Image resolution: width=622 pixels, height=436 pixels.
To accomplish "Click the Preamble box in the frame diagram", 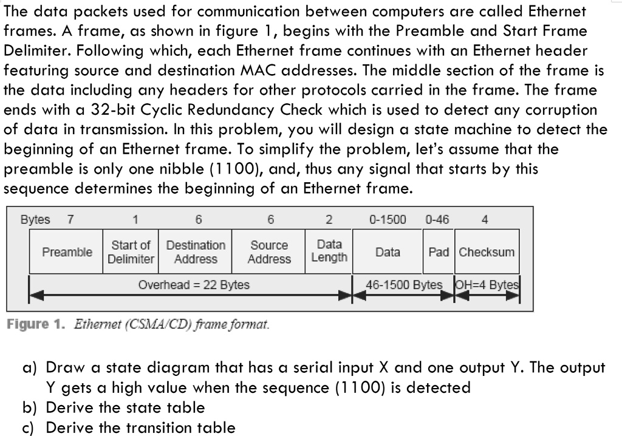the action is coord(66,251).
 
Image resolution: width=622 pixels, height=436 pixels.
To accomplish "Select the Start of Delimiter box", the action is coord(131,251).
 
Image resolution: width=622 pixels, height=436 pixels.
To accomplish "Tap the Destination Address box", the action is coord(195,251).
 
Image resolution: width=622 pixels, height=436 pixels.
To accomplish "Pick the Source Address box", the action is coord(268,251).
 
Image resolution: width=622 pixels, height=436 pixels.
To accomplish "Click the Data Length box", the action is coord(329,251).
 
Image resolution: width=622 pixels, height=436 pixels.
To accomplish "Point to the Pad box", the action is coord(439,251).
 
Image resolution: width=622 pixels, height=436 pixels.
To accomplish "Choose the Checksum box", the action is coord(487,251).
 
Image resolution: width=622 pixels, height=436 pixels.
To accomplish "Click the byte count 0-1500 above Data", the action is coord(388,219).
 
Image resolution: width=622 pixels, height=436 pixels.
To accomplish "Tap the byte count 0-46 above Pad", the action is coord(437,219).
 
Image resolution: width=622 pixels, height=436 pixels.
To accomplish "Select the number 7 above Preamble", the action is coord(70,219).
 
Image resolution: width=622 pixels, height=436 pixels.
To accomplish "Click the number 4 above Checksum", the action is coord(485,219).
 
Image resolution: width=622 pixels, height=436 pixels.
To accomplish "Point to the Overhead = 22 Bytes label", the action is coord(194,285).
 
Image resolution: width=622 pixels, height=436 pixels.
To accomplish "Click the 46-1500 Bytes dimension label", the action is coord(404,285).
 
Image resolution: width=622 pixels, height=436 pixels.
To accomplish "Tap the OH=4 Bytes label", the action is coord(487,285).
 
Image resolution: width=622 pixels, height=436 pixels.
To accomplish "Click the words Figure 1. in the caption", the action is coord(35,324).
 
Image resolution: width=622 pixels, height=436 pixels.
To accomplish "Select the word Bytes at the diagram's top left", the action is coord(35,220).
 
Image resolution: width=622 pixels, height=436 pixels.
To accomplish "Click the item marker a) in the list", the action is coord(30,368).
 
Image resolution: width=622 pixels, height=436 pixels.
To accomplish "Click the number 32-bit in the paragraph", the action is coord(113,110).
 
